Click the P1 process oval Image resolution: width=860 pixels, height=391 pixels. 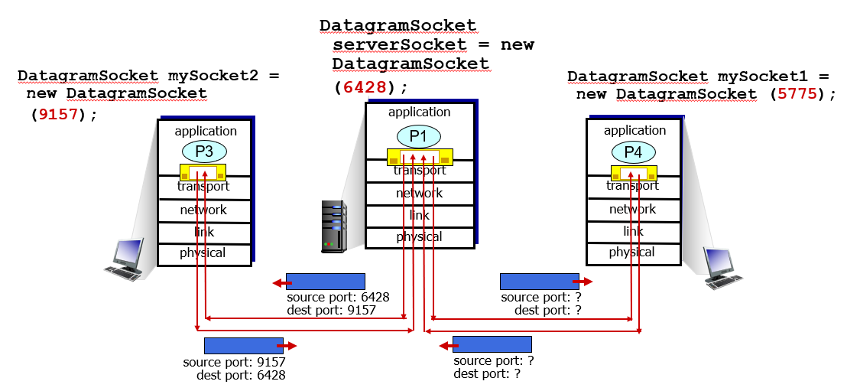tap(418, 136)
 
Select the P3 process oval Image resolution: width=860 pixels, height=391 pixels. tap(203, 152)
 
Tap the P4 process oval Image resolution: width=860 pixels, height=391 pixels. tap(633, 152)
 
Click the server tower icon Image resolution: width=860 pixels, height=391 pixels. tap(333, 226)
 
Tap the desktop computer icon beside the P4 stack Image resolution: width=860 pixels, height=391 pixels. tap(722, 269)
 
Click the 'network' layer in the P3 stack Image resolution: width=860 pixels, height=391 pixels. tap(203, 210)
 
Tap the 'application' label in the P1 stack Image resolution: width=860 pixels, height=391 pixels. tap(419, 112)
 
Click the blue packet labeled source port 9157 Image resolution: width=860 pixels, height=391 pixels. tap(243, 345)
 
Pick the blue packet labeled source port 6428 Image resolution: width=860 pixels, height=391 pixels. tap(325, 281)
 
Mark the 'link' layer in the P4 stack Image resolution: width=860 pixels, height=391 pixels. tap(633, 231)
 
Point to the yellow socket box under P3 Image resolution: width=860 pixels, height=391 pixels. tap(203, 172)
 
